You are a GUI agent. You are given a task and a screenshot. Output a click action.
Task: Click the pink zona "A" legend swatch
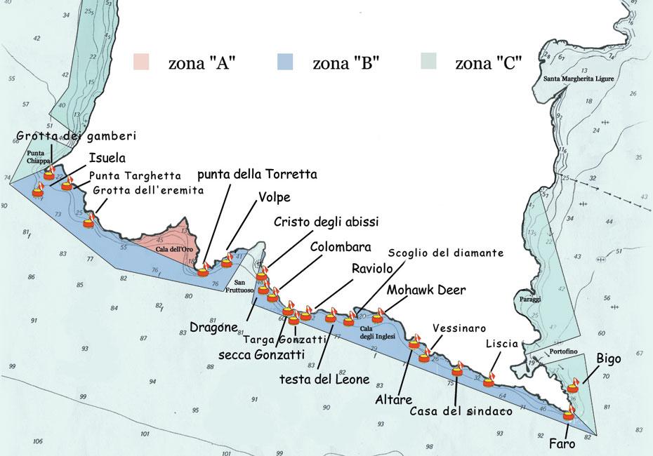tap(142, 62)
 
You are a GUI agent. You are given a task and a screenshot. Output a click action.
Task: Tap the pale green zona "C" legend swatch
tap(428, 62)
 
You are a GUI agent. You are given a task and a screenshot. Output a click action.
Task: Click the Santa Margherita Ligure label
tap(579, 79)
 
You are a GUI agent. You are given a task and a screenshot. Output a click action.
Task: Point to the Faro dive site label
tap(563, 443)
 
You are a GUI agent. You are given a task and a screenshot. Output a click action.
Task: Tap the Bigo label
tap(609, 358)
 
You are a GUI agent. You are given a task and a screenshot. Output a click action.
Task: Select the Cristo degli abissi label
tap(326, 222)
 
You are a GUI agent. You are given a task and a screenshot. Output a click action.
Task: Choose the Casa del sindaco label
tap(461, 411)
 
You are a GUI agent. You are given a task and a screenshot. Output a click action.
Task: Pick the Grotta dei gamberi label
tap(76, 135)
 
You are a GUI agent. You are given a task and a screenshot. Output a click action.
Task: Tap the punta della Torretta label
tap(258, 173)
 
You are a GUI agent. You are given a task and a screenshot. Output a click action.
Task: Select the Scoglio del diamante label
tap(446, 252)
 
